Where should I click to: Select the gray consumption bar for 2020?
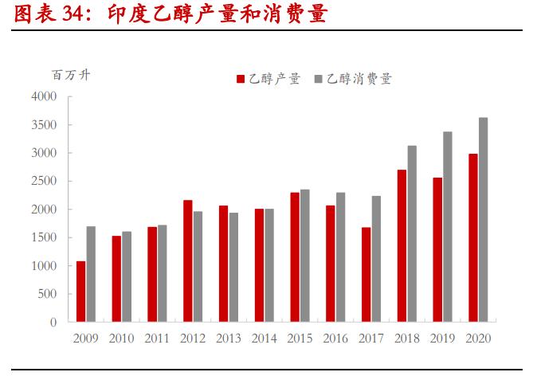(x=483, y=220)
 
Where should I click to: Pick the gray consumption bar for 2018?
(x=412, y=234)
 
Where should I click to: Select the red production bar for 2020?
(x=472, y=238)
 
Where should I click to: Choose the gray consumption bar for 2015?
(x=304, y=256)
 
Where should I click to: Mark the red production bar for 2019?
(x=437, y=250)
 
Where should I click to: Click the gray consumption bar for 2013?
(x=233, y=268)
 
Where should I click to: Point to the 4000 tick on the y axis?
(x=44, y=96)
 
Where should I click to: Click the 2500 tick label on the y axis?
(x=44, y=181)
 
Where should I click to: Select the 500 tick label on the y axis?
(x=47, y=294)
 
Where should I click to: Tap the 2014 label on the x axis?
(x=264, y=338)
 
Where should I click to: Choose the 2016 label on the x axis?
(x=335, y=338)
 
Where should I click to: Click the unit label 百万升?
(x=72, y=76)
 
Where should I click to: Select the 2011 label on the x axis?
(x=157, y=338)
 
